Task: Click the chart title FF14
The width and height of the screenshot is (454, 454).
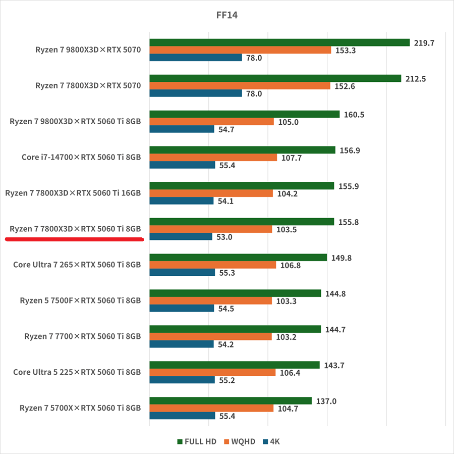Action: (226, 15)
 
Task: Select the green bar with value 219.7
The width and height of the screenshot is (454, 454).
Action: (279, 42)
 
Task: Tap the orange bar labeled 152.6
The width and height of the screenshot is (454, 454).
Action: (240, 86)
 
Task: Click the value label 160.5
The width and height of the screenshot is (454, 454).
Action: (354, 115)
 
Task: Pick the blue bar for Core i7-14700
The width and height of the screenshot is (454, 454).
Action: (182, 165)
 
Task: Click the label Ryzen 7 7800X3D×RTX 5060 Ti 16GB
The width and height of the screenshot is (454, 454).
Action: (73, 193)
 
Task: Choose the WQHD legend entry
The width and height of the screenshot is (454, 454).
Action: (241, 441)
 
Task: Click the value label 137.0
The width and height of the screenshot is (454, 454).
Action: (326, 401)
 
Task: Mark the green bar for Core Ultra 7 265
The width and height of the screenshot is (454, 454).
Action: (238, 258)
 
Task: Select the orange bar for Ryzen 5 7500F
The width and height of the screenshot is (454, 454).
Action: (210, 301)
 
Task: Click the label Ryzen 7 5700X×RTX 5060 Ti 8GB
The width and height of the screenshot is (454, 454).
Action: (80, 408)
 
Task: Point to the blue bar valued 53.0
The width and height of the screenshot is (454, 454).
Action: (181, 237)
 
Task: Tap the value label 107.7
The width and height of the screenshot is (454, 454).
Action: (291, 158)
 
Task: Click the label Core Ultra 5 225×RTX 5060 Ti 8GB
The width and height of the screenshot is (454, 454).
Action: (77, 372)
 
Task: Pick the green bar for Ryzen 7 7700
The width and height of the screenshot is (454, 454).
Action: (235, 329)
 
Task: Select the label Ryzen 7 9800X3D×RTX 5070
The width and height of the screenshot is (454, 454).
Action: (88, 49)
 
